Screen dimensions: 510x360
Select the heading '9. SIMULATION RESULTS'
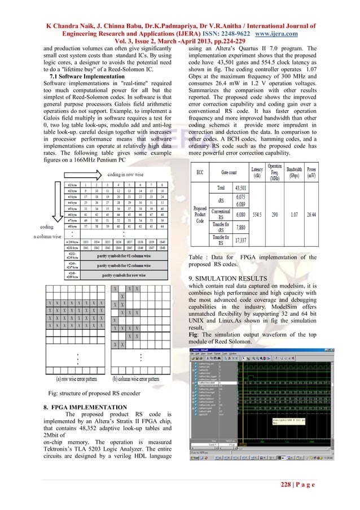pyautogui.click(x=231, y=278)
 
